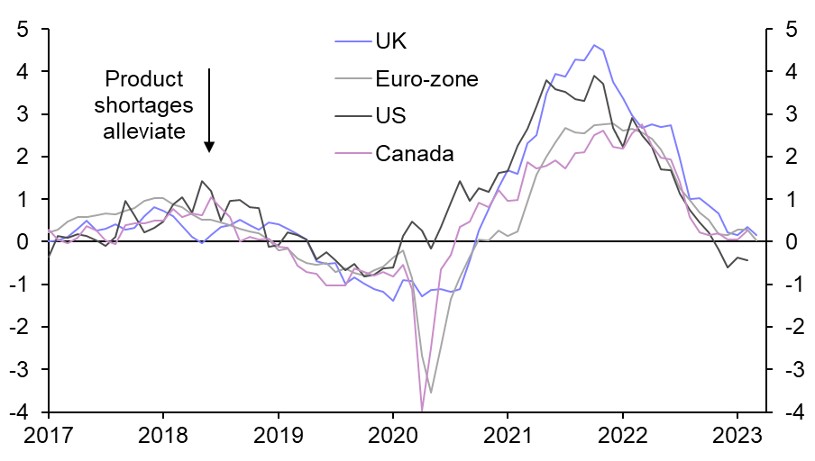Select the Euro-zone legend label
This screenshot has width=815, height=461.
(x=426, y=78)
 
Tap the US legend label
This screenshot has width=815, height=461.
(x=390, y=116)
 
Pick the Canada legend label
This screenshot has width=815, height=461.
(x=414, y=154)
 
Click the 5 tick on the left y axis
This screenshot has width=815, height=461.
(x=22, y=30)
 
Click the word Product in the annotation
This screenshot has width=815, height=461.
(x=144, y=78)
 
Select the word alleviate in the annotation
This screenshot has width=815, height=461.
(x=144, y=131)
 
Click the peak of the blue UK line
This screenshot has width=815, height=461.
(x=593, y=45)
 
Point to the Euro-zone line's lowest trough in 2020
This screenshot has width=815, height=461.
(x=431, y=392)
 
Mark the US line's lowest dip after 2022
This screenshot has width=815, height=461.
(x=728, y=267)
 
